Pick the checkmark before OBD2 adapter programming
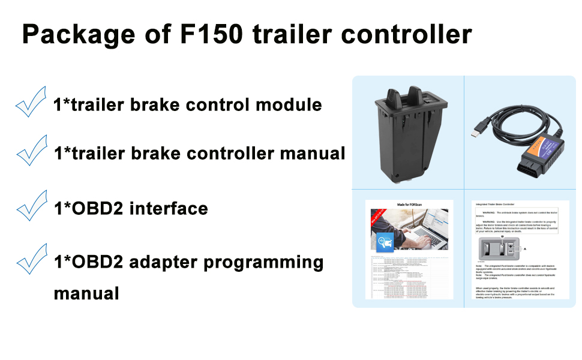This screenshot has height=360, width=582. (x=31, y=259)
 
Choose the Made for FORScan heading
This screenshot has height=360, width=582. (x=408, y=205)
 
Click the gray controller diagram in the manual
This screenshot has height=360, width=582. (x=498, y=249)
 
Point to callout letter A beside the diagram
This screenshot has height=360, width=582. (x=526, y=247)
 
